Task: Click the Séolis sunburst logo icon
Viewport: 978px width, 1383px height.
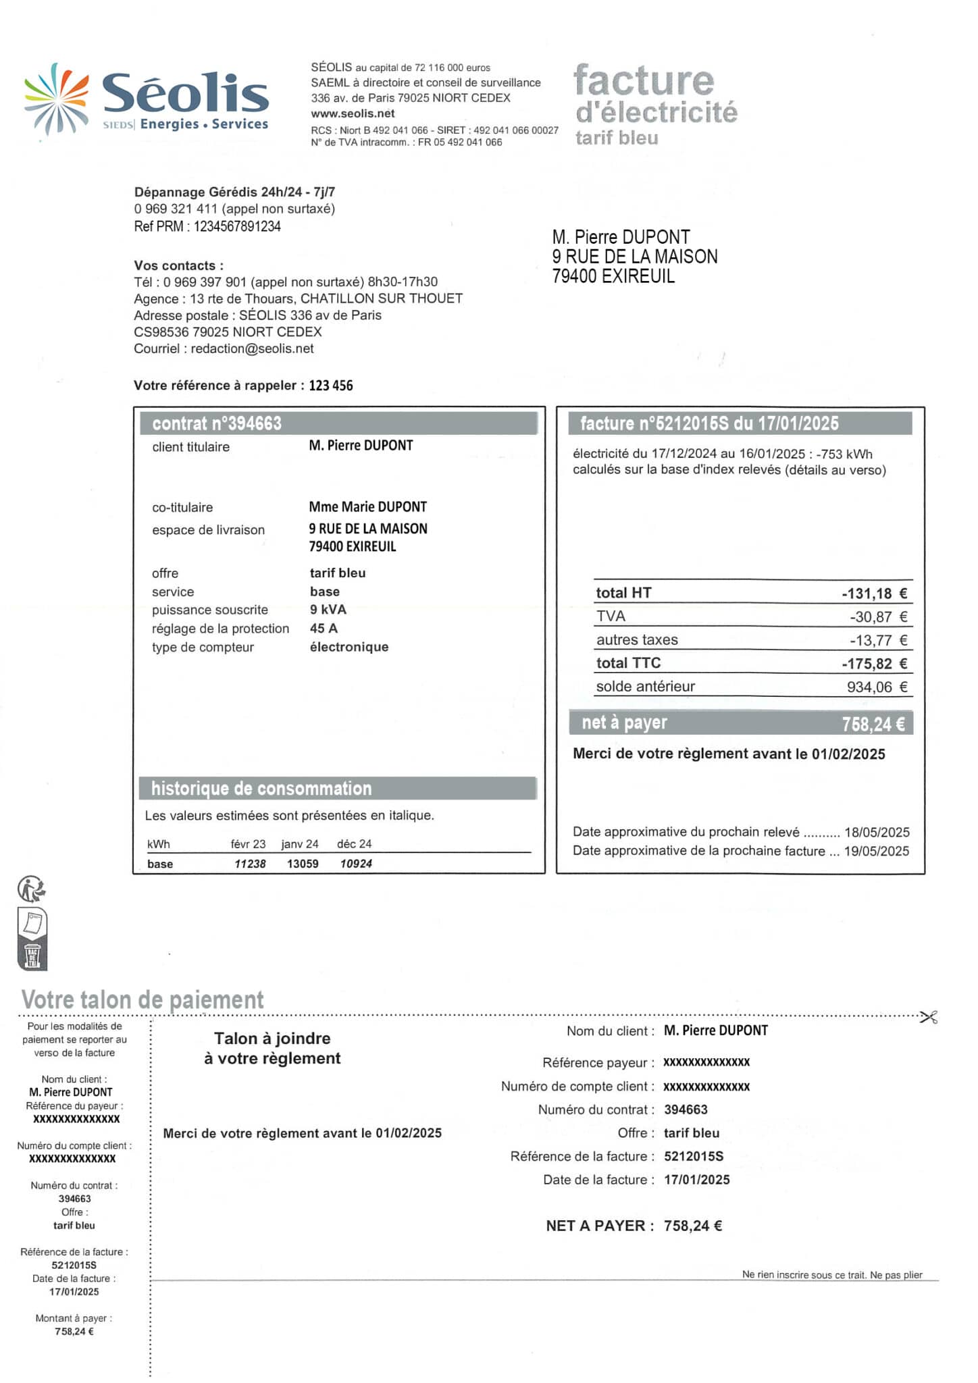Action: coord(56,99)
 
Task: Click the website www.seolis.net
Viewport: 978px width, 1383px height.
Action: coord(353,113)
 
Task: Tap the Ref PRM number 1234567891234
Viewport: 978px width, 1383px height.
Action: coord(237,226)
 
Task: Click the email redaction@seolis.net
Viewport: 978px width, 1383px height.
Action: coord(252,348)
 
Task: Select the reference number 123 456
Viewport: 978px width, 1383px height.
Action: coord(331,386)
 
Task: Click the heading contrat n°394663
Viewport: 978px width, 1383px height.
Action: coord(217,423)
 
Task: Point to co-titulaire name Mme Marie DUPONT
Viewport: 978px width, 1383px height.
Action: coord(368,506)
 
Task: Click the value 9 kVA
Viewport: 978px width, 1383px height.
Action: coord(328,609)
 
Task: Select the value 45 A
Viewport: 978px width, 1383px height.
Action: coord(324,628)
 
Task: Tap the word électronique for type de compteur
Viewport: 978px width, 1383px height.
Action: coord(349,647)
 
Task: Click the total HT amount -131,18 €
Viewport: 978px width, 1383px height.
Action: coord(874,594)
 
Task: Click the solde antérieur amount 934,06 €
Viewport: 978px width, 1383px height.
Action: coord(877,687)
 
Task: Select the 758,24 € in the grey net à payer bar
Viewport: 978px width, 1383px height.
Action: coord(873,724)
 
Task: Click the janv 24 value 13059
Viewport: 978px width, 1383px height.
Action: coord(303,864)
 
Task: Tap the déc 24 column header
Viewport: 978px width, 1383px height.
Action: coord(355,844)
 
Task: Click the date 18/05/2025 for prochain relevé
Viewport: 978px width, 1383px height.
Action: coord(877,832)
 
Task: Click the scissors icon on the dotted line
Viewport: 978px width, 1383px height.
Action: coord(929,1017)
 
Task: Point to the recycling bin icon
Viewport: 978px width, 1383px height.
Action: coord(32,956)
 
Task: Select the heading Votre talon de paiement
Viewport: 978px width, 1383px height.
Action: coord(143,999)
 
